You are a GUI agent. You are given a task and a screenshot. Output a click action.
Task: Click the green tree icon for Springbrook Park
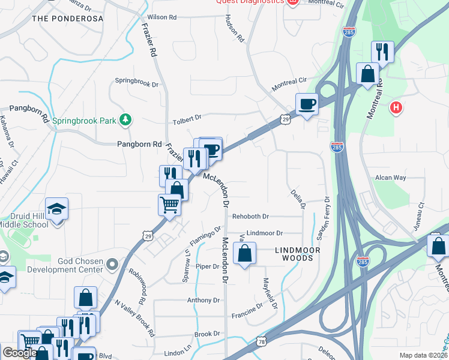point(125,120)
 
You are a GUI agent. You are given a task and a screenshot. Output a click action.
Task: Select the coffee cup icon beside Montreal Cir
point(307,104)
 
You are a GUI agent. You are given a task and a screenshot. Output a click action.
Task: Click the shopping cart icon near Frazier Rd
point(169,205)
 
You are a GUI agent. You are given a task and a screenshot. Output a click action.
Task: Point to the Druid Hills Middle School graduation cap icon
point(56,209)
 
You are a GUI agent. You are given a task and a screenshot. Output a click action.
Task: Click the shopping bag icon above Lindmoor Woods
point(244,253)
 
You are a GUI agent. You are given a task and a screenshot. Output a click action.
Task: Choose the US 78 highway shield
point(263,340)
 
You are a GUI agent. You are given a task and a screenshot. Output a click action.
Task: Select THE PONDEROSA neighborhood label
point(67,19)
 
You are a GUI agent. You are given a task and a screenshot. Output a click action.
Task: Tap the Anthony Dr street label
point(203,300)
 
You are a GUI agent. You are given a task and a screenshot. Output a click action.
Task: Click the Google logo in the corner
point(19,353)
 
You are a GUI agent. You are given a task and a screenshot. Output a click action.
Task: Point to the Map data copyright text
point(423,355)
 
